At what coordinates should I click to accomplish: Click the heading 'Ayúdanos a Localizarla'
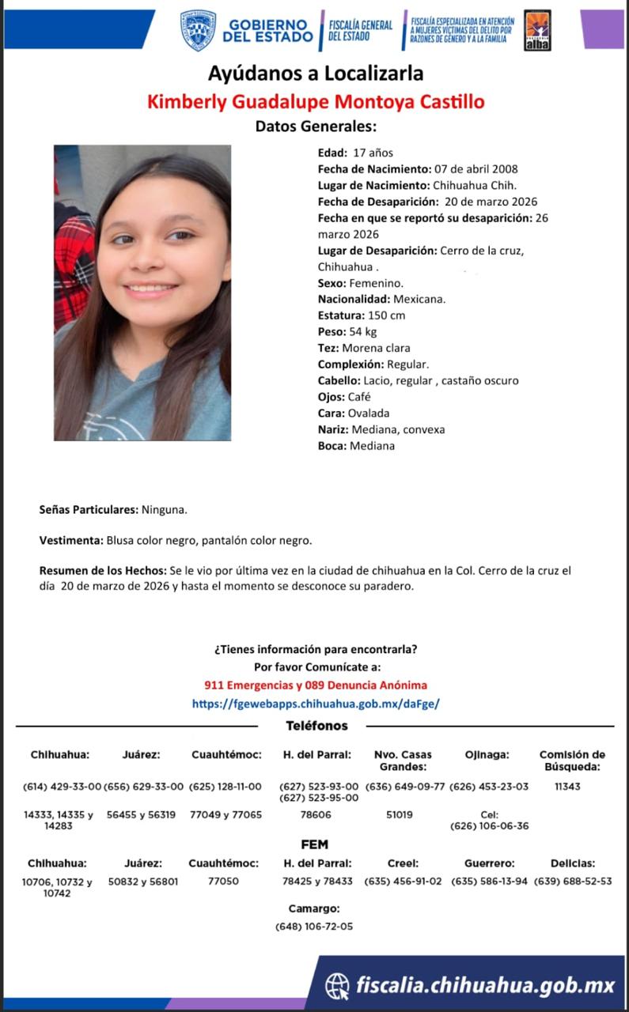[x=315, y=74]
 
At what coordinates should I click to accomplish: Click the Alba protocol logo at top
[x=537, y=31]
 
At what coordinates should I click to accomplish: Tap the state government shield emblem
[x=198, y=31]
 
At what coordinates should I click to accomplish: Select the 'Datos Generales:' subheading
[x=316, y=126]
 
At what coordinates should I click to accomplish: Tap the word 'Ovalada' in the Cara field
[x=369, y=413]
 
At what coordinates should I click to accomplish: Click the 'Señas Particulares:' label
[x=89, y=510]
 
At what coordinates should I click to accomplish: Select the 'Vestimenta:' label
[x=70, y=541]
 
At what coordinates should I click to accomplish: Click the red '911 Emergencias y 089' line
[x=315, y=685]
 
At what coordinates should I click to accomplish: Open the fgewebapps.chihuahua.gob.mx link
[x=315, y=703]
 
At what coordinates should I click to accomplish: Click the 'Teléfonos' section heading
[x=316, y=726]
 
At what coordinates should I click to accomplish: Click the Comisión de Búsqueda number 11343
[x=567, y=787]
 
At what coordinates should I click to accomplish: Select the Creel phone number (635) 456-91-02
[x=403, y=882]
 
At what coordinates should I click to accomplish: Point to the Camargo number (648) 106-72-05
[x=314, y=927]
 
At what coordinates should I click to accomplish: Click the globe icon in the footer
[x=337, y=985]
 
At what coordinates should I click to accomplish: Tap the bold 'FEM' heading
[x=314, y=844]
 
